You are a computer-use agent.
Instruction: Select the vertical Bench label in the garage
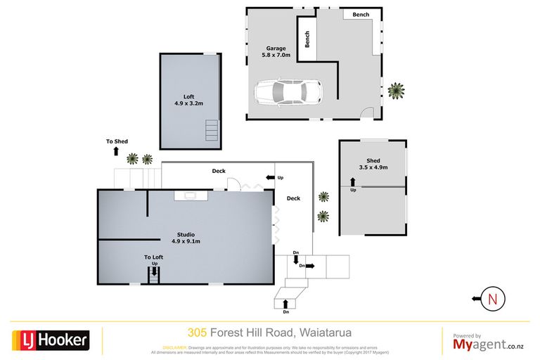pos(307,40)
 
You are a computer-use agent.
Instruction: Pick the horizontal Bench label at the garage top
pos(361,14)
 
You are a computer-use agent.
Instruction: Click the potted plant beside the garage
pos(397,90)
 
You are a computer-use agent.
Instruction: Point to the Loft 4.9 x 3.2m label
pos(188,100)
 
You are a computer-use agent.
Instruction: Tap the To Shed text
pos(117,141)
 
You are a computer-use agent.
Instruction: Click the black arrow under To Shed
pos(117,151)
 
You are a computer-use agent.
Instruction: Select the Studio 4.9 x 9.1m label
pos(186,238)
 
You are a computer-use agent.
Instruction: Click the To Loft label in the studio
pos(154,257)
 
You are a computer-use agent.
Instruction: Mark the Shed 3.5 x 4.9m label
pos(373,164)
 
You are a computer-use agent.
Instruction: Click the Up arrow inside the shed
pos(353,184)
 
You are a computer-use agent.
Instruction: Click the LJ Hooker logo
pos(50,340)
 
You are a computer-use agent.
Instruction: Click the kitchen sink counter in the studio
pos(191,195)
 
